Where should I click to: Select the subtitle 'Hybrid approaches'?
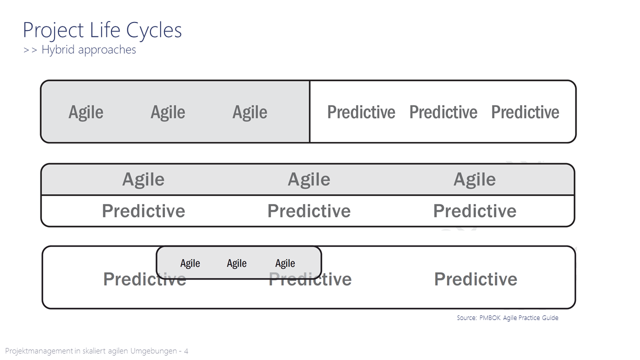88,49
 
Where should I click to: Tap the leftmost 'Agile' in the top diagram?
85,112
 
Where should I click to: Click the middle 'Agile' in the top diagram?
167,112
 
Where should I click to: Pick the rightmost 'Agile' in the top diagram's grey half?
249,112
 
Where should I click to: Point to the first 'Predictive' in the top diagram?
361,112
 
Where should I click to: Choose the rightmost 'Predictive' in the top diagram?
525,112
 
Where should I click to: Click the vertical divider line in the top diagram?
309,111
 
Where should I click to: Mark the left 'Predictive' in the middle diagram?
143,211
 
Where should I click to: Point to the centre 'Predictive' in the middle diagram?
309,211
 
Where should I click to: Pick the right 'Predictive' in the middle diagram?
474,211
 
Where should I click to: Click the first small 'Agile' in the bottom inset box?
190,263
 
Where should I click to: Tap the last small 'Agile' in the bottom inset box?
285,263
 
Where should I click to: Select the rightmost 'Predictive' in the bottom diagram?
475,279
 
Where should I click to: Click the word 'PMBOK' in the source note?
490,317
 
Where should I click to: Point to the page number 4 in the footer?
186,351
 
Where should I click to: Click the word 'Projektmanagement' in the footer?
39,351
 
